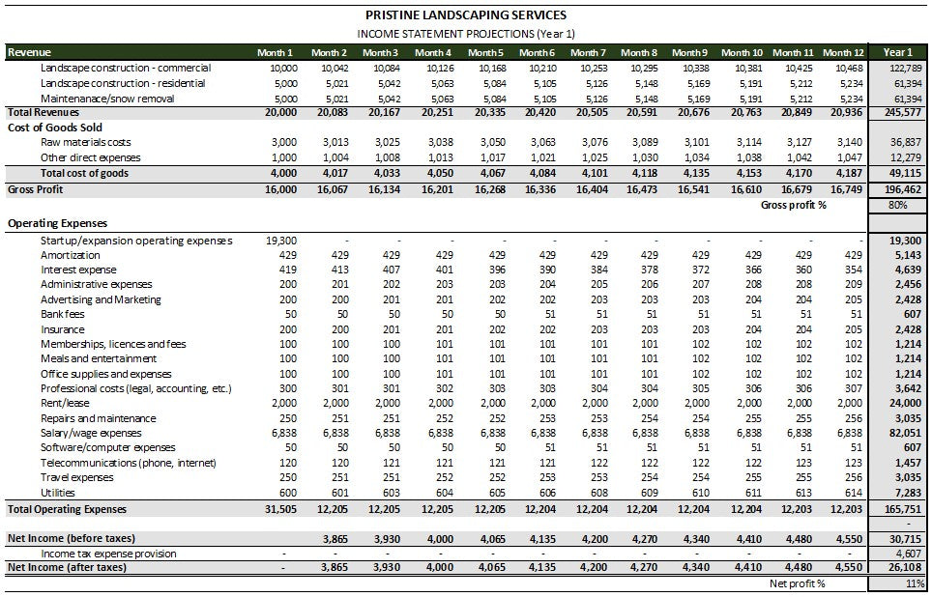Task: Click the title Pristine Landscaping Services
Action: pyautogui.click(x=466, y=14)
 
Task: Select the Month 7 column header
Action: pyautogui.click(x=588, y=52)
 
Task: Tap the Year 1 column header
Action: pyautogui.click(x=896, y=52)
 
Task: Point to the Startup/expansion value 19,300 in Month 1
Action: pyautogui.click(x=280, y=241)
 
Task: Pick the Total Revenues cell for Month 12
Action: pyautogui.click(x=844, y=112)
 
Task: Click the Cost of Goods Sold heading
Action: pyautogui.click(x=54, y=128)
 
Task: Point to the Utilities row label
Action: pyautogui.click(x=60, y=493)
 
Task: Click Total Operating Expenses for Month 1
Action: pyautogui.click(x=280, y=508)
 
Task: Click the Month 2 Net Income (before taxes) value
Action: pyautogui.click(x=332, y=538)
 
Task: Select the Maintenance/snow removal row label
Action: pyautogui.click(x=107, y=98)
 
